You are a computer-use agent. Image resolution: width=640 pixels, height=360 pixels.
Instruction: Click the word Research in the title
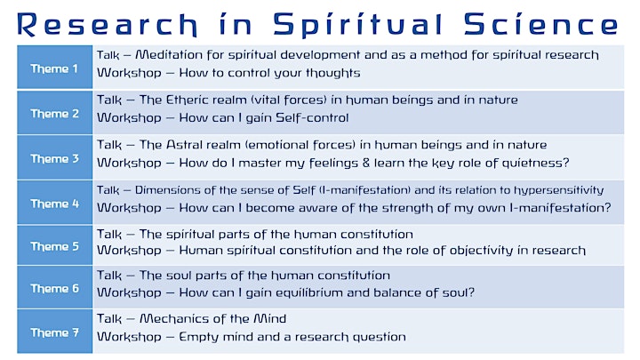coord(108,25)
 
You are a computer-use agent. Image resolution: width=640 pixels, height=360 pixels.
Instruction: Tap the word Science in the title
coord(541,24)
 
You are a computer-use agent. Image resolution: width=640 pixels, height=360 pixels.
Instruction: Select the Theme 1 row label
coord(54,68)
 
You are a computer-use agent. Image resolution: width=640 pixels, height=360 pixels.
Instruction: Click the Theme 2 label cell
coord(55,114)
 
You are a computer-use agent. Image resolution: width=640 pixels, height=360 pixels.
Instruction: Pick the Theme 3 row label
coord(55,159)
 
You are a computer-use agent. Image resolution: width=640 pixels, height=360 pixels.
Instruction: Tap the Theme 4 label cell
coord(55,204)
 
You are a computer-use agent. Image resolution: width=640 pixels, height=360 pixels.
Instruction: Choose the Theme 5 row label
coord(55,246)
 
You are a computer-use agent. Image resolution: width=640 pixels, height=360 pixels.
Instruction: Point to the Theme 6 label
coord(55,289)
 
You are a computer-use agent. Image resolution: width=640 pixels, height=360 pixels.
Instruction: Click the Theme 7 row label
coord(55,332)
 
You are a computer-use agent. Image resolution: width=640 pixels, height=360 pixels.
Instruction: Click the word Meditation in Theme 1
coord(169,55)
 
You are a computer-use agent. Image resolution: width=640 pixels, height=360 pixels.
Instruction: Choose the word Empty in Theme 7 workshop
coord(196,338)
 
